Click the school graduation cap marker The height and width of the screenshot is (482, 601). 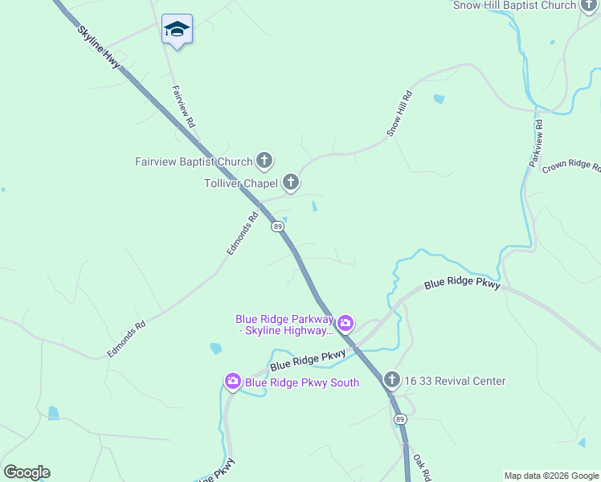pos(177,30)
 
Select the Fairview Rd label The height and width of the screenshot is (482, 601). pos(183,107)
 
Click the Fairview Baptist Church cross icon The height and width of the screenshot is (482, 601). pos(264,161)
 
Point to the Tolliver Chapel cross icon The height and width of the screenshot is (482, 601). pos(291,183)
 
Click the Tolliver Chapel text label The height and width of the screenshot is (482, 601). pos(241,183)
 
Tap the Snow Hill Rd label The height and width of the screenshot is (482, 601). pos(400,113)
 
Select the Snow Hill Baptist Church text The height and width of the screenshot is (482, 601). pos(515,6)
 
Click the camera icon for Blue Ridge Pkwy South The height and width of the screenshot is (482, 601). pos(233,382)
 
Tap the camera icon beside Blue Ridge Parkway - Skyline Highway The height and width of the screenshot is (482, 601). pos(345,324)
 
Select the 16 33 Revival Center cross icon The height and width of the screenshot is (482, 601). pos(391,380)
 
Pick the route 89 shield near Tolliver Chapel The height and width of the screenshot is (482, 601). pos(277,227)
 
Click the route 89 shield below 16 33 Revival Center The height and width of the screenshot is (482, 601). pos(399,419)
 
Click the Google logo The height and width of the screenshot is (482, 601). pos(27,472)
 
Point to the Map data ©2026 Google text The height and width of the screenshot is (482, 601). pos(551,476)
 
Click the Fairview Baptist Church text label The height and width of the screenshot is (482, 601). pos(194,161)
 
